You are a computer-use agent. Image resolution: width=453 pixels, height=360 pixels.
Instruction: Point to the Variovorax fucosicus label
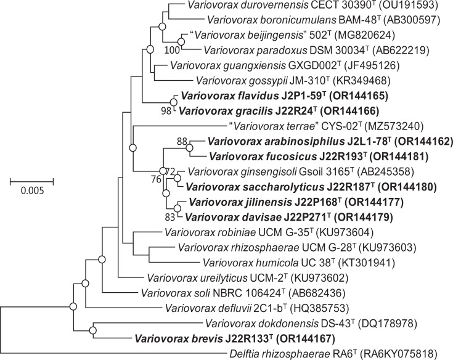(266, 157)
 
